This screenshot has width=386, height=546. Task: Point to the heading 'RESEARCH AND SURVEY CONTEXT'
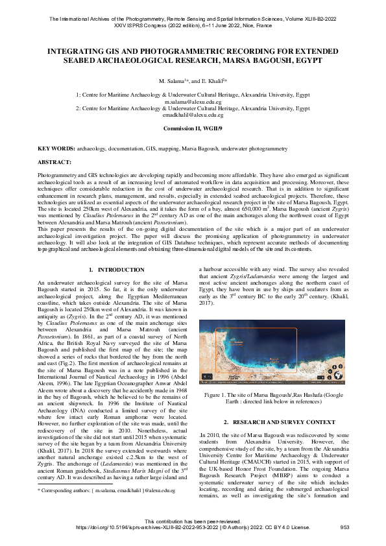pos(281,422)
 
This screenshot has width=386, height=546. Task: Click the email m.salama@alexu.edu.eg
pos(193,102)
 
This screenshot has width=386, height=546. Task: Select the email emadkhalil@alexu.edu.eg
pos(193,115)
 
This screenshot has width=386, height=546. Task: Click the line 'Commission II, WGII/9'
pos(193,129)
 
